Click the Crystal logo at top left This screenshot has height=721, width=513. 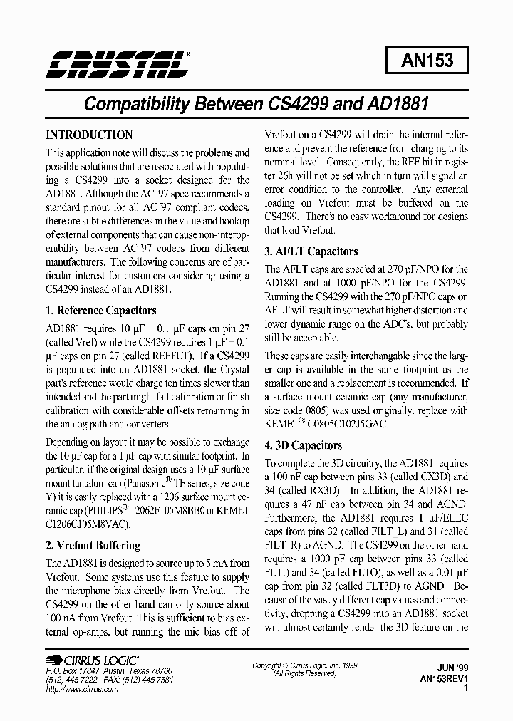coord(118,63)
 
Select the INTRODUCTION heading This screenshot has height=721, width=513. coord(89,135)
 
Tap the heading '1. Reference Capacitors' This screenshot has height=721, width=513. coord(100,311)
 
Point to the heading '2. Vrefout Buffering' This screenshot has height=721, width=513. coord(93,546)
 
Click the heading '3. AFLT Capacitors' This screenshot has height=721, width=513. coord(311,251)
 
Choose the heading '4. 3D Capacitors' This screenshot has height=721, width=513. coord(303,445)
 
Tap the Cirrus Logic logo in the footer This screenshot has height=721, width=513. coord(92,660)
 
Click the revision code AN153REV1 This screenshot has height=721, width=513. coord(444,679)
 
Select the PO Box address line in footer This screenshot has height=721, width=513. coord(108,671)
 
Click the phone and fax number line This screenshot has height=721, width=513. coord(108,680)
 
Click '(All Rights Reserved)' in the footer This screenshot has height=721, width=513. coord(305,674)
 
